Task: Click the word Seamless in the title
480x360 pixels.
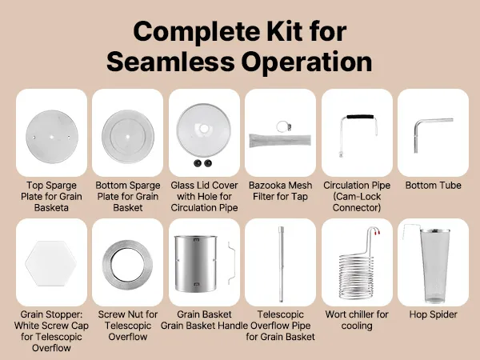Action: (170, 62)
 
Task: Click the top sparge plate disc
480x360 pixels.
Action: (52, 137)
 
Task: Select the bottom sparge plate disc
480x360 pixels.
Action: (128, 137)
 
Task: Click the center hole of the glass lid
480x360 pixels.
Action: (204, 129)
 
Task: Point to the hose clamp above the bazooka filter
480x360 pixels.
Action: (283, 126)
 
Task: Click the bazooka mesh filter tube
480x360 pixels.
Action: (280, 141)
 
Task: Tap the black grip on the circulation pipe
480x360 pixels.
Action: (360, 117)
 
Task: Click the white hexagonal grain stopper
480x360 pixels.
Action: (51, 263)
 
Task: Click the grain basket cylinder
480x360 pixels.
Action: (196, 263)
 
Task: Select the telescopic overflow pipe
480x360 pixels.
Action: (281, 264)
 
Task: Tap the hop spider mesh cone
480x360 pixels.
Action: (434, 266)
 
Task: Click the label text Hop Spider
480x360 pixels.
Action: (433, 314)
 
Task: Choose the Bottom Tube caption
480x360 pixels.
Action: (433, 186)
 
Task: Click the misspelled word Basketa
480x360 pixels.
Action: (51, 207)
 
